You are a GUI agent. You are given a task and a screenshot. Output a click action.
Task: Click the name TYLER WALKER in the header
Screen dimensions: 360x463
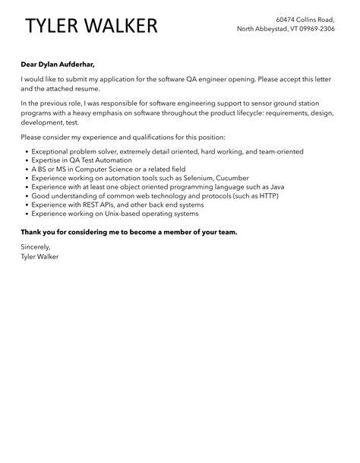pyautogui.click(x=91, y=26)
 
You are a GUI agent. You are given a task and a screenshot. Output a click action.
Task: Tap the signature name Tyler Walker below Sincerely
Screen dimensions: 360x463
pyautogui.click(x=41, y=256)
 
